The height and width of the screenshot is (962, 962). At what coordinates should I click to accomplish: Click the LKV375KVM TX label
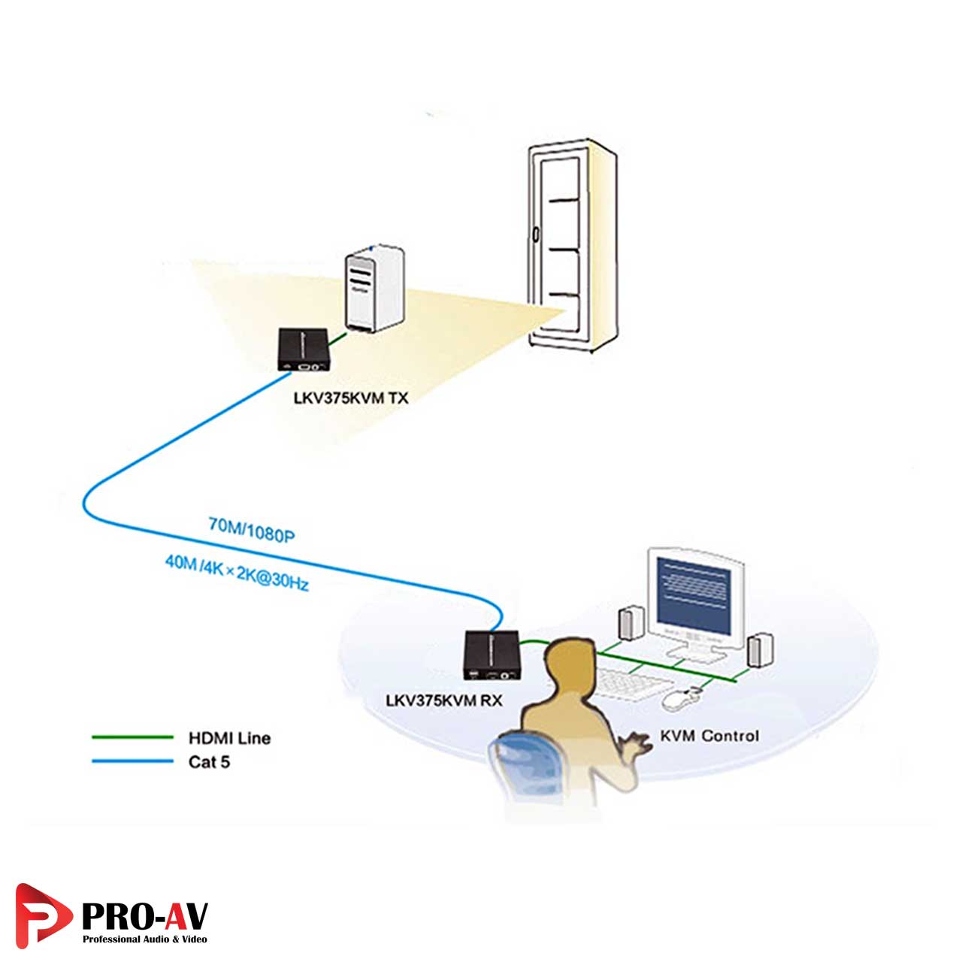tap(351, 398)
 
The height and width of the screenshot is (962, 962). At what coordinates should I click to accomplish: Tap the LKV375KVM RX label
tap(443, 700)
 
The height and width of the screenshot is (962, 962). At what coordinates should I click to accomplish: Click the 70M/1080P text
tap(251, 530)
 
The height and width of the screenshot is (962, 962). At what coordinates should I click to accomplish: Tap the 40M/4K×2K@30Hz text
tap(237, 572)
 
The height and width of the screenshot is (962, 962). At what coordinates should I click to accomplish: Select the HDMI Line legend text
tap(229, 738)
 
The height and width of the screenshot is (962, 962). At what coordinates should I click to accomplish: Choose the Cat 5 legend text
tap(209, 762)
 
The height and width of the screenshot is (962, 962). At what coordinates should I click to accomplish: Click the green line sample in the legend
tap(132, 737)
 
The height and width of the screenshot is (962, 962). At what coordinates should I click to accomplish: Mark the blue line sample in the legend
tap(132, 761)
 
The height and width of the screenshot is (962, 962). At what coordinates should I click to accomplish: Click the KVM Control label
tap(709, 736)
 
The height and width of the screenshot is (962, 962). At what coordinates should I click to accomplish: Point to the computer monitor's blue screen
tap(693, 594)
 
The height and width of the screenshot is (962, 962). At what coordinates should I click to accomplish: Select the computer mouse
tap(679, 699)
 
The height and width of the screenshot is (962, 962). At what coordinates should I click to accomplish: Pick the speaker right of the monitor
tap(760, 650)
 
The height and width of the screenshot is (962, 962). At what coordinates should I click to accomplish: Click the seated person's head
tap(569, 662)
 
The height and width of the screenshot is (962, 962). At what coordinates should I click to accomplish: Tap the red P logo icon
tap(42, 914)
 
